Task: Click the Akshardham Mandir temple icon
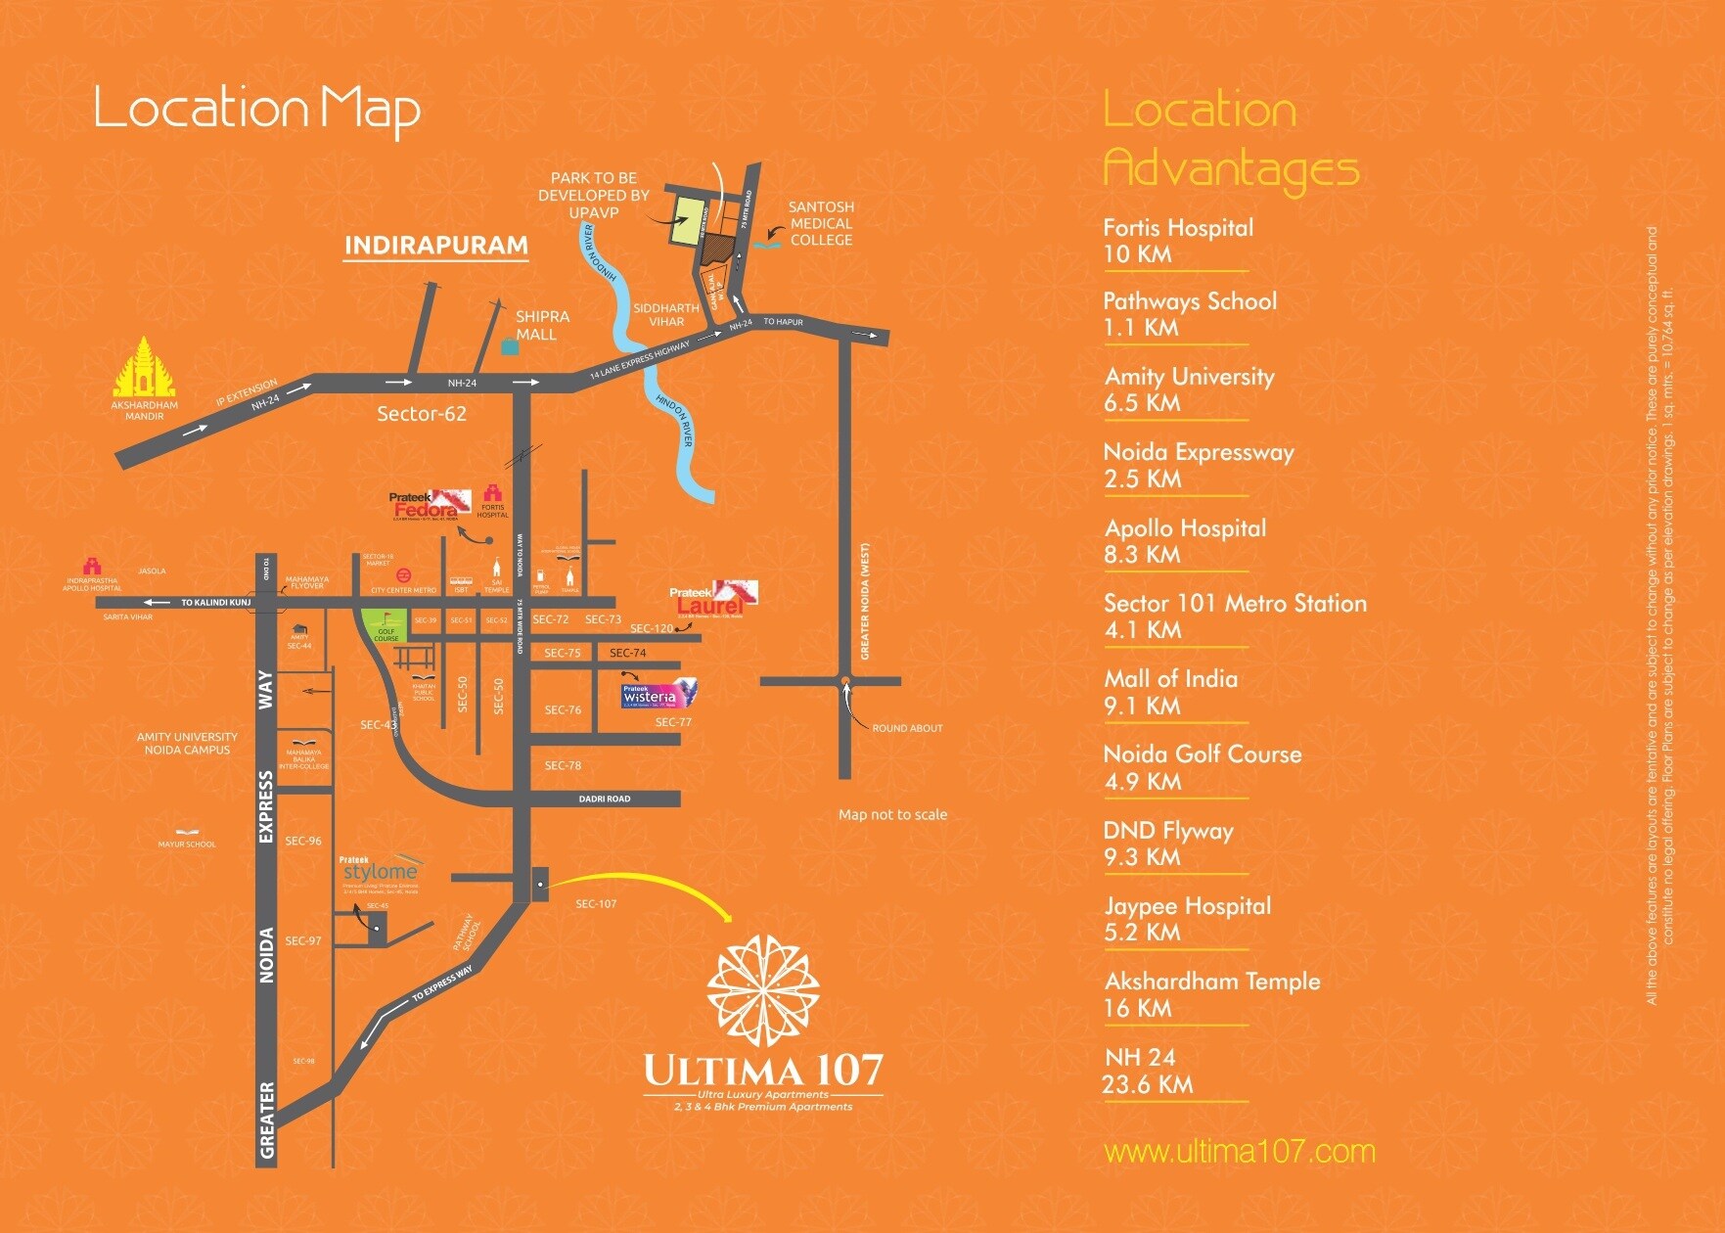tap(145, 367)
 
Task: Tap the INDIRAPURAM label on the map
tap(435, 245)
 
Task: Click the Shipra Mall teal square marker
tap(508, 347)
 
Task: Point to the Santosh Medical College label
tap(821, 223)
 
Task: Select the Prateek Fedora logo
tap(430, 505)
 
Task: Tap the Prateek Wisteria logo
tap(658, 695)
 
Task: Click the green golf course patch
tap(386, 623)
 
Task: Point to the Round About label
tap(907, 728)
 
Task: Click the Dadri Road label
tap(604, 799)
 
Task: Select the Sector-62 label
tap(422, 414)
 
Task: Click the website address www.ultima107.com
tap(1239, 1152)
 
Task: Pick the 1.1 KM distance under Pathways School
tap(1140, 328)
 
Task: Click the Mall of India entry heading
tap(1170, 679)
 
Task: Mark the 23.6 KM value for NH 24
tap(1147, 1084)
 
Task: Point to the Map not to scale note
tap(892, 814)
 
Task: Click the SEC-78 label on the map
tap(563, 765)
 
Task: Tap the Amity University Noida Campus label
tap(187, 744)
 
